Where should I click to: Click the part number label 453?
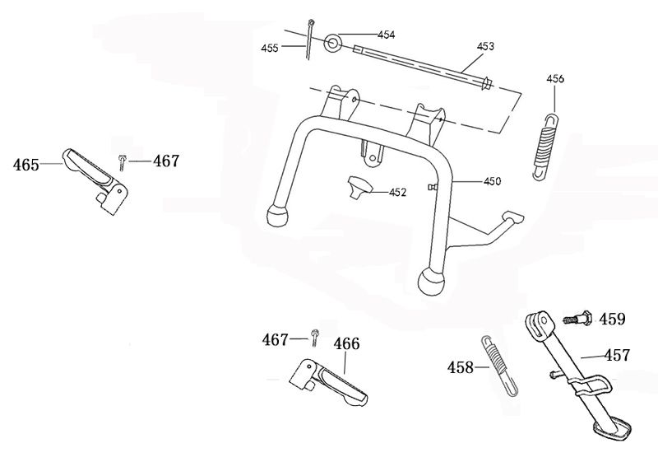click(x=485, y=46)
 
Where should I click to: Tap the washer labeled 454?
click(x=334, y=41)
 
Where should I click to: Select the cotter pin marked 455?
click(x=308, y=40)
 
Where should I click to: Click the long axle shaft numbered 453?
click(x=419, y=66)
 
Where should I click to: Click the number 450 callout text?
click(x=492, y=180)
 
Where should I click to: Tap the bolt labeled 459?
click(x=577, y=317)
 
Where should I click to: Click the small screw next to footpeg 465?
click(x=122, y=162)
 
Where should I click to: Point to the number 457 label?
click(x=617, y=356)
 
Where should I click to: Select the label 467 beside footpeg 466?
click(x=275, y=339)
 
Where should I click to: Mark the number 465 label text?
click(x=26, y=165)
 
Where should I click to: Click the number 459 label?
click(x=612, y=318)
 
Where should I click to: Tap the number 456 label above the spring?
click(x=556, y=79)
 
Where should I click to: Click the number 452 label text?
click(x=398, y=193)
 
